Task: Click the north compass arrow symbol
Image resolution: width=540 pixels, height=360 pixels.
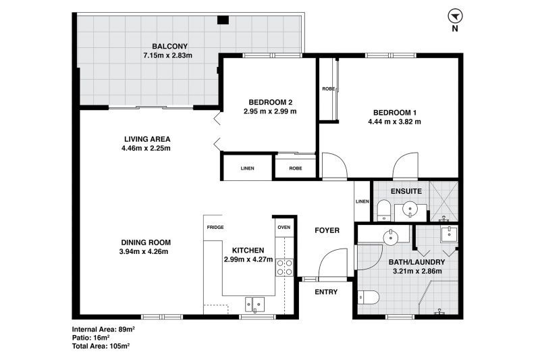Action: (455, 16)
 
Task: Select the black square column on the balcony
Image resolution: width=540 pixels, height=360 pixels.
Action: (223, 20)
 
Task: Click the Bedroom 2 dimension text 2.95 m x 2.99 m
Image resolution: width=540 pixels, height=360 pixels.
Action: (269, 111)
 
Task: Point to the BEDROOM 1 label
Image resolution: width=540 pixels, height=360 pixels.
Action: (395, 112)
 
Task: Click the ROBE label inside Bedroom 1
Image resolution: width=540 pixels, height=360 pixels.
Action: (328, 89)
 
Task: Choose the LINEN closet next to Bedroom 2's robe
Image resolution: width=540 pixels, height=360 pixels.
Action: (247, 168)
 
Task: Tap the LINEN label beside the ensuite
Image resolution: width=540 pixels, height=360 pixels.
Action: (362, 201)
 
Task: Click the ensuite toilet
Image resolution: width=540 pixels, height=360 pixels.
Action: (383, 211)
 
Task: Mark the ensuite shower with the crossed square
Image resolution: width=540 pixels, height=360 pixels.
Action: (444, 201)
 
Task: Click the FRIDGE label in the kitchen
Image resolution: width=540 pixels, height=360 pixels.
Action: (215, 228)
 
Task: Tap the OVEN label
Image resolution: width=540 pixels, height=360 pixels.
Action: (284, 228)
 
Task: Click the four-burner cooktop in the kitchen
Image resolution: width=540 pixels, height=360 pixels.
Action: (284, 267)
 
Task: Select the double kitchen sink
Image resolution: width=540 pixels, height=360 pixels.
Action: (254, 305)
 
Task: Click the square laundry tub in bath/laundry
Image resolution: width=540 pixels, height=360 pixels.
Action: (449, 234)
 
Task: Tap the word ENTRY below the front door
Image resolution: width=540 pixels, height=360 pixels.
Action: (326, 292)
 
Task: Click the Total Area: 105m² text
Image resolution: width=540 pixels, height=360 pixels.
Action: (101, 346)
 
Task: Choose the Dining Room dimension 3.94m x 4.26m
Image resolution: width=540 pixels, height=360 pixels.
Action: (144, 251)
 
